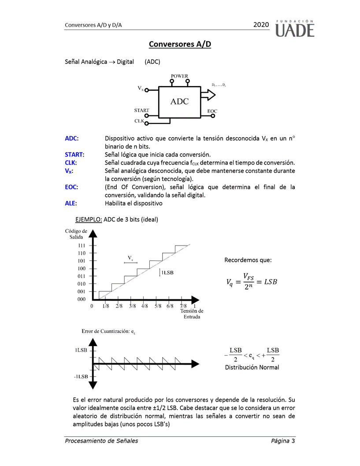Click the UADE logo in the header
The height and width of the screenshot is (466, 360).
295,28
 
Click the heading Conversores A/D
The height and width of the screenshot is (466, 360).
180,44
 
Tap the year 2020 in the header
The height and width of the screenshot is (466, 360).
261,25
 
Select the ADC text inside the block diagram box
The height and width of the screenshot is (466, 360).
179,102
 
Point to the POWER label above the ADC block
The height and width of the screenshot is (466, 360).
179,76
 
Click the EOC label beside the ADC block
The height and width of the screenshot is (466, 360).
212,111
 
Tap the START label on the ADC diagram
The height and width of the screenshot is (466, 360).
142,110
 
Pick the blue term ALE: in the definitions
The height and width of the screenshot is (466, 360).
71,203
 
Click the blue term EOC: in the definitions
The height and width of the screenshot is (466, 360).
71,187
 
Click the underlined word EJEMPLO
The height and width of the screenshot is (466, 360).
89,219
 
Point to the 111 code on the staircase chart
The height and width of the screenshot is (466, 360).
82,246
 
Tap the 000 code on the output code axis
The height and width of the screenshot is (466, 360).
82,299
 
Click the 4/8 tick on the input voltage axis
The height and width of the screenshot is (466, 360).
145,306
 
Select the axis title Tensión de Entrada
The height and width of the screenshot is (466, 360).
192,314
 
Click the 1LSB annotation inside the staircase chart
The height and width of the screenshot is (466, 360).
167,272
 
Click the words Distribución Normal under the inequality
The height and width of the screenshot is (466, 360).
252,367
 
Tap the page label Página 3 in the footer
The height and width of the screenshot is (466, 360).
283,441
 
